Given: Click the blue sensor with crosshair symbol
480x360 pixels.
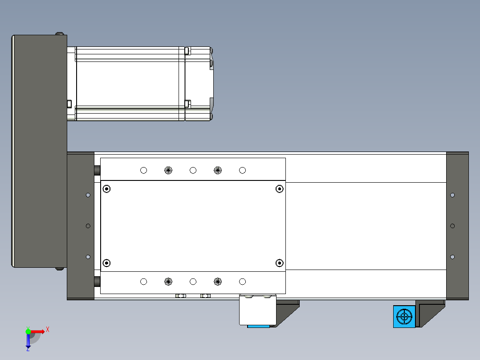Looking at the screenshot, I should click(404, 317).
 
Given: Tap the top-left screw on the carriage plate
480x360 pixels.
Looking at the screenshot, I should click(106, 189).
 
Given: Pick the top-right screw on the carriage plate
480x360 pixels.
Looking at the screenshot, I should click(279, 189).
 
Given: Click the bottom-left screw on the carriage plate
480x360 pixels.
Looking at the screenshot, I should click(106, 263).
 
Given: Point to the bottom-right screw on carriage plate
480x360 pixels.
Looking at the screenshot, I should click(279, 263).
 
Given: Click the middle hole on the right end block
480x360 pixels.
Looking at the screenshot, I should click(452, 226).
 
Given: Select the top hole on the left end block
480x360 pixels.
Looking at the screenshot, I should click(88, 195).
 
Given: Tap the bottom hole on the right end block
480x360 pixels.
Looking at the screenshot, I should click(452, 257).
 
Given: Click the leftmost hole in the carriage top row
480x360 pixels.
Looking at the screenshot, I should click(143, 170).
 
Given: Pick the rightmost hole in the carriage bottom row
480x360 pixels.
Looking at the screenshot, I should click(242, 282).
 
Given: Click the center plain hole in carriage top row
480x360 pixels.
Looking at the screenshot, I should click(193, 170).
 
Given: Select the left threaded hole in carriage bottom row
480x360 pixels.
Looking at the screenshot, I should click(168, 282).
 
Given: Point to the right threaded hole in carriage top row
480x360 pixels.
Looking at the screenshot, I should click(218, 170).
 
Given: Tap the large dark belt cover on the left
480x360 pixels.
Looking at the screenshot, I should click(39, 151).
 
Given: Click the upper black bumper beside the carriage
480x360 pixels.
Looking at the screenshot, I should click(97, 171).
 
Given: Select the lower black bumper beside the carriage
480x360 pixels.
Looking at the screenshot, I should click(97, 282).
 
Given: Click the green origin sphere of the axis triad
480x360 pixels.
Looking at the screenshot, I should click(28, 331).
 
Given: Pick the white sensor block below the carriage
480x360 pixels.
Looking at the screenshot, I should click(258, 311).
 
